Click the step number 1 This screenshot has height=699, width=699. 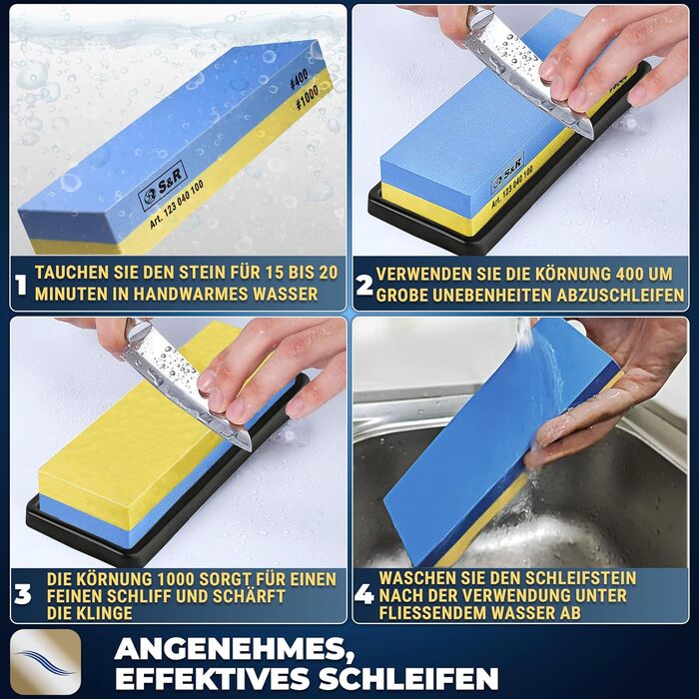click(21, 284)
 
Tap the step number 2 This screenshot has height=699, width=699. click(364, 285)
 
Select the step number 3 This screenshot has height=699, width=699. click(23, 595)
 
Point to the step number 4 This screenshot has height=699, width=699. click(364, 594)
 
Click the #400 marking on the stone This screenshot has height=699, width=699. click(300, 80)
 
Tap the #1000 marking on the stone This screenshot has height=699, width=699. click(308, 97)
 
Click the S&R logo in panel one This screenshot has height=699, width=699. click(162, 185)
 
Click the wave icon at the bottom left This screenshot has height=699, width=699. click(46, 661)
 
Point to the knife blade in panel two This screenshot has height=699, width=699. click(530, 76)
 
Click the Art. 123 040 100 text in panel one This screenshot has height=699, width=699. click(177, 204)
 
